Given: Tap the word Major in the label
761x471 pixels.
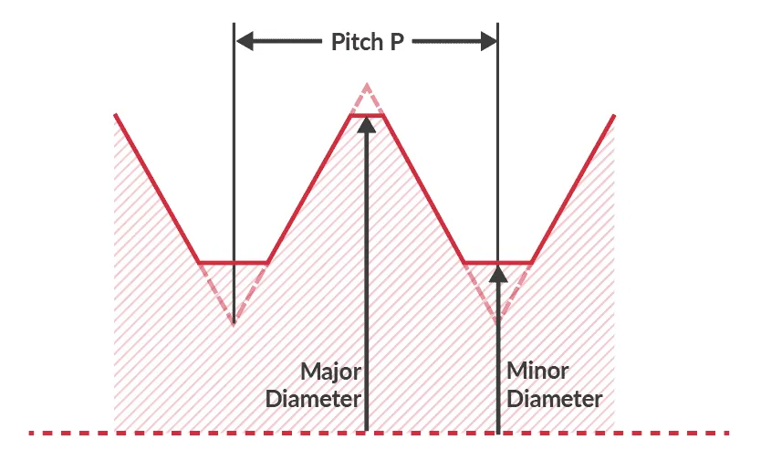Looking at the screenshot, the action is click(329, 372).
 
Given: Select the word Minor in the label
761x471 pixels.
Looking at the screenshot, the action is click(537, 372).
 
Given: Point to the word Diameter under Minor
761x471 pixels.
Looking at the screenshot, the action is click(554, 400).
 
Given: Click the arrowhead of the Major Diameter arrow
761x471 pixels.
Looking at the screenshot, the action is click(366, 125).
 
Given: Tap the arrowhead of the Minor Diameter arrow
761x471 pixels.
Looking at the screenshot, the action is click(497, 272).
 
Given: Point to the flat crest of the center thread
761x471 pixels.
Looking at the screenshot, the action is click(366, 115).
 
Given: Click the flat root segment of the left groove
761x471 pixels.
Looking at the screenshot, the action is click(234, 263).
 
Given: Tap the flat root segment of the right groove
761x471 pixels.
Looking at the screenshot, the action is click(497, 263).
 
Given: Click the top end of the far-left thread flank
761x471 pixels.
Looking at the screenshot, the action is click(115, 115).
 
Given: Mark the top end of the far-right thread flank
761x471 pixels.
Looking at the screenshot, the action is click(614, 116).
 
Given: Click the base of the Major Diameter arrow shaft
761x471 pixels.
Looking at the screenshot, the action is click(366, 429).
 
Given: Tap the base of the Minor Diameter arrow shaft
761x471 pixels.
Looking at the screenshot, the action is click(497, 429).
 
